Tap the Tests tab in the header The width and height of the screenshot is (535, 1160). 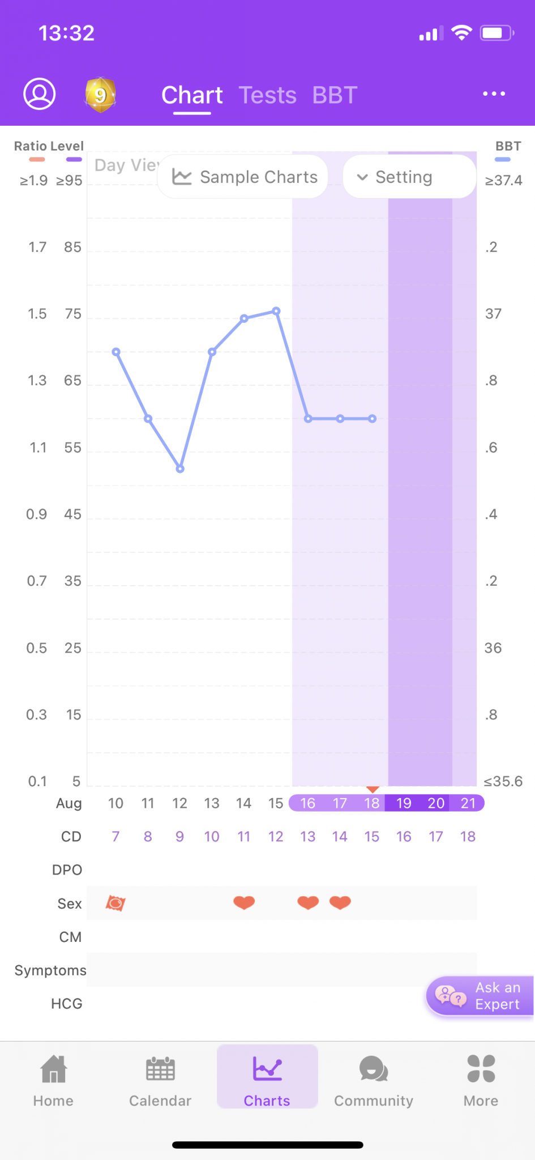[267, 95]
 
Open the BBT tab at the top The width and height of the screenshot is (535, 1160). [335, 95]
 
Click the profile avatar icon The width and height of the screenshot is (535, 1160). [39, 94]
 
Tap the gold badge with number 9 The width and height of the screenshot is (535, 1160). [100, 95]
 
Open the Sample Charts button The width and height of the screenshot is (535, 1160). [244, 177]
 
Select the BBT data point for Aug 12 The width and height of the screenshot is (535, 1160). [180, 469]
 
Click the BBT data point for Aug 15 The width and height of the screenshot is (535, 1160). [276, 311]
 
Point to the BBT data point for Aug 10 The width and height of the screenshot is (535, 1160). [116, 352]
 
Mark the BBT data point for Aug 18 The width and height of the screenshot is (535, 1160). [372, 419]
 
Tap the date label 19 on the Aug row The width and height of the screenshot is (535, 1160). [404, 803]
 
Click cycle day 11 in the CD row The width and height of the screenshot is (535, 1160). [244, 837]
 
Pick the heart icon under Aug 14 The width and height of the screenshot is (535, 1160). [244, 902]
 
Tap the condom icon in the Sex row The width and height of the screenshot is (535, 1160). [115, 903]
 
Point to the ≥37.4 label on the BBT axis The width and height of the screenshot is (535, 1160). [503, 181]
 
